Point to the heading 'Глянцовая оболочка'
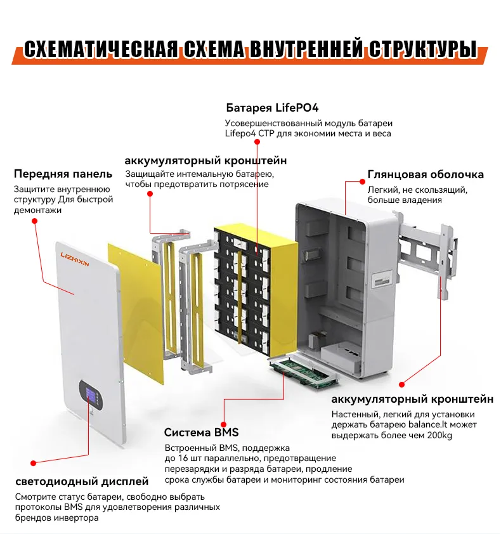(426, 174)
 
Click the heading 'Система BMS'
(201, 433)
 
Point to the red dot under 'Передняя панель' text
(35, 221)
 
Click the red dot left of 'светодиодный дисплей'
(33, 464)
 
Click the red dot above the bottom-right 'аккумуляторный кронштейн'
(401, 384)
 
